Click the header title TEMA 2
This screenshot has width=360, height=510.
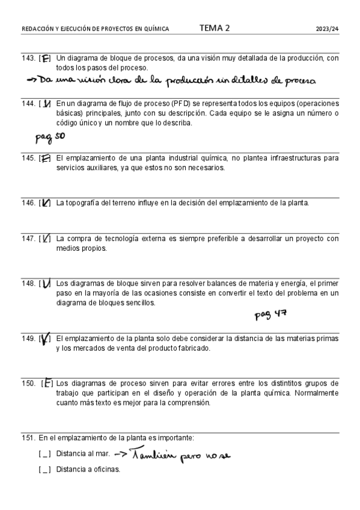pos(214,28)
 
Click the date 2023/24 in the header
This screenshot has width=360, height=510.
pos(327,28)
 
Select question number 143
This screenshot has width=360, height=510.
pos(28,58)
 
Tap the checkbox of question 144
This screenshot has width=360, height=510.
pos(46,103)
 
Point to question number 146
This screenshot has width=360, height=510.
pos(28,203)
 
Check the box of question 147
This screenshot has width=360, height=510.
pos(46,239)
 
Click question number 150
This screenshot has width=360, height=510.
pos(28,383)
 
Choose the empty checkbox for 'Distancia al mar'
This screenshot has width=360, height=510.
pos(44,454)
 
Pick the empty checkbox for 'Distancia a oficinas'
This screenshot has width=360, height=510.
pos(44,470)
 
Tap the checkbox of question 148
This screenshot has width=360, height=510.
pos(45,283)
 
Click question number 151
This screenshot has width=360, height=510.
pos(28,438)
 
